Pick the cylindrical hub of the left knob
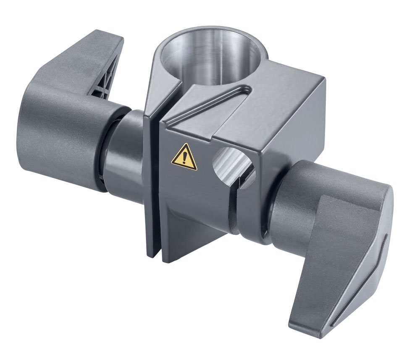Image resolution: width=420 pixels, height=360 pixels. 63,134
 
